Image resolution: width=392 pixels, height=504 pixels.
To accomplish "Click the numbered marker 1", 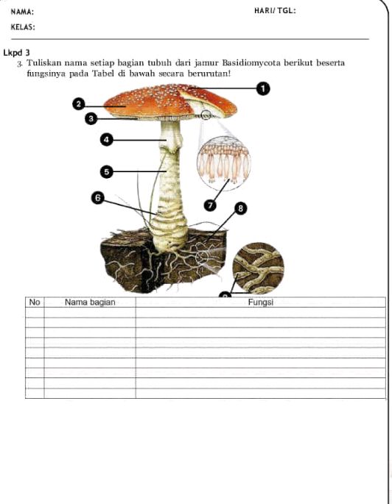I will click(262, 89).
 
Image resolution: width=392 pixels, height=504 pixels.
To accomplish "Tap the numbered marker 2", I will click(78, 104).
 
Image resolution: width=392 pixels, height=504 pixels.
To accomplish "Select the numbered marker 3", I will click(90, 118).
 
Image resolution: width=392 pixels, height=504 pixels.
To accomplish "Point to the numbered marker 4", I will click(107, 139).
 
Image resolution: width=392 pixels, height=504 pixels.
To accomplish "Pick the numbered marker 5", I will click(107, 171).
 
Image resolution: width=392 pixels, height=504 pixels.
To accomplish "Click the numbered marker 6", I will click(97, 196).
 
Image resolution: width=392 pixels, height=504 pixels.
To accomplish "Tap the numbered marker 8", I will click(240, 209).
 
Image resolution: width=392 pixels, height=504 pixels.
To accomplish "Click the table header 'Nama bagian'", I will click(90, 302).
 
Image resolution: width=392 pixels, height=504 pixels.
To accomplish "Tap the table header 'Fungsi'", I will click(260, 302).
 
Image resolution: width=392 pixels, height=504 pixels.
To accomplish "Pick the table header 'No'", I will click(35, 302).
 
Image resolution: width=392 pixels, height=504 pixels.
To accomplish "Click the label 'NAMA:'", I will click(22, 12).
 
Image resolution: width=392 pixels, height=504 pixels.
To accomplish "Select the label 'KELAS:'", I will click(24, 26).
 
